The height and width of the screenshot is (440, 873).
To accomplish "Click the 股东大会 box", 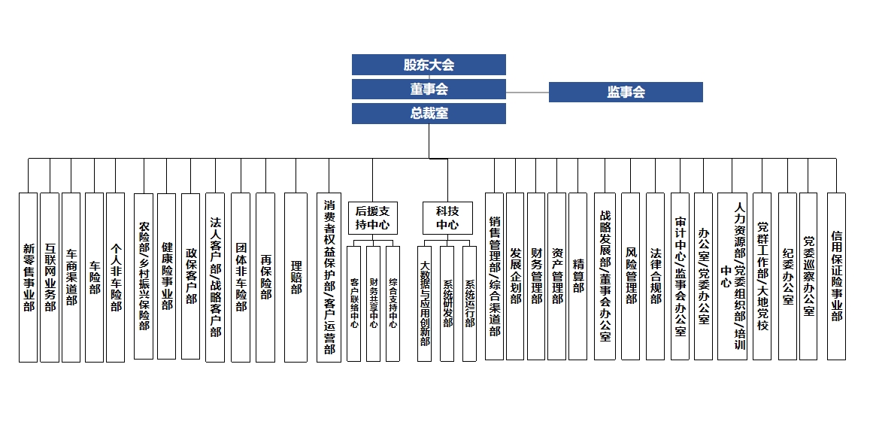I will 429,65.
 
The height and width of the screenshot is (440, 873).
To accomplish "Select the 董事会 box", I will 429,89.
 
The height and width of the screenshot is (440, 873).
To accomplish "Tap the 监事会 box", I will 626,93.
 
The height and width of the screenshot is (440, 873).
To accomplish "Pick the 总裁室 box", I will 429,114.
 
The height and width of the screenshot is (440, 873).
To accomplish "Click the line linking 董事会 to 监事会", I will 527,93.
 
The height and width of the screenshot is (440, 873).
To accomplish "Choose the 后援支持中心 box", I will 373,217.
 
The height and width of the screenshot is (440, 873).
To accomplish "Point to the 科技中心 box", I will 447,217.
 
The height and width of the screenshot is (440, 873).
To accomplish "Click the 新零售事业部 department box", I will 29,277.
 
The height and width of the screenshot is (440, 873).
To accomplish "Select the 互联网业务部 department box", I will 50,277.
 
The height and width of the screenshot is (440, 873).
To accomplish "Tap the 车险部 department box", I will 94,277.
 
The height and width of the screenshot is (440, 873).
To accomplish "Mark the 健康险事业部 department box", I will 166,277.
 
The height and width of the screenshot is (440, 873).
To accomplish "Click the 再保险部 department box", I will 265,277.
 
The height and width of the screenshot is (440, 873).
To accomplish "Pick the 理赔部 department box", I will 296,277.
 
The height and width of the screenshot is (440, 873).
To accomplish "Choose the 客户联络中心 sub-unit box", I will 354,303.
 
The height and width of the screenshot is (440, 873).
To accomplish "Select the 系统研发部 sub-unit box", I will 447,303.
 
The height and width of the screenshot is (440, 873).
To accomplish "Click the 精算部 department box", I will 577,277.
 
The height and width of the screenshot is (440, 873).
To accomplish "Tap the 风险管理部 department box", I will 631,277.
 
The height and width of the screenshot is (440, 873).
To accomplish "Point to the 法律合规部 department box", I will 655,277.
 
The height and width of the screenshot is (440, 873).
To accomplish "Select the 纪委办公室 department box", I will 787,277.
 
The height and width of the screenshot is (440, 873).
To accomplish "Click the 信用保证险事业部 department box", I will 836,277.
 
